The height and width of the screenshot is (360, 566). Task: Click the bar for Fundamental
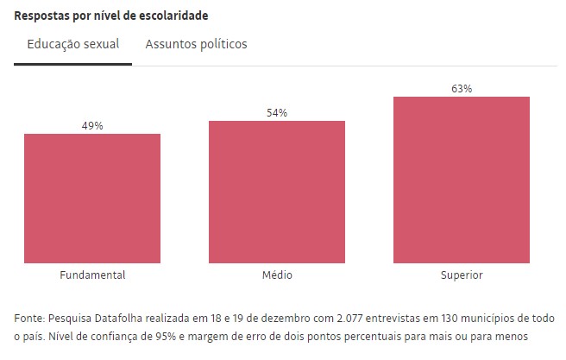[92, 198]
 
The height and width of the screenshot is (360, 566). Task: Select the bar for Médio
[277, 191]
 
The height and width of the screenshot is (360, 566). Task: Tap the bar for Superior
[462, 179]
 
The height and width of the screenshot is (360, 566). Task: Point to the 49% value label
[92, 126]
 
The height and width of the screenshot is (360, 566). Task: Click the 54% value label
[277, 113]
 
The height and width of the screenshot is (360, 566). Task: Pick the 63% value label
[462, 89]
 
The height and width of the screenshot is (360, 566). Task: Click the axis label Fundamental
[92, 275]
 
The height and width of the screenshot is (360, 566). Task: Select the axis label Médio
[277, 275]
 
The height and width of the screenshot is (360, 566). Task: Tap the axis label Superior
[462, 275]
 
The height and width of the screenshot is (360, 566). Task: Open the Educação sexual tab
[72, 44]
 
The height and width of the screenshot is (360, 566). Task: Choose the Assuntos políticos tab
[196, 44]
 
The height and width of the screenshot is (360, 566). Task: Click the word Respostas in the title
[42, 16]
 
